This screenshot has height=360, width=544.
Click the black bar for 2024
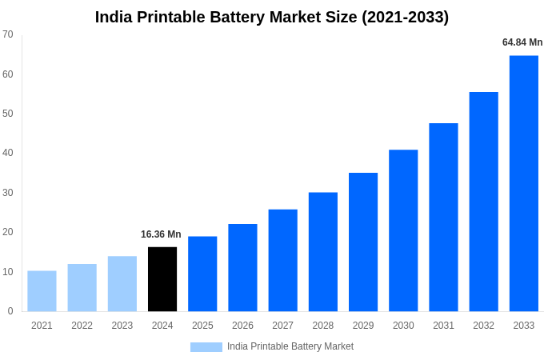(162, 279)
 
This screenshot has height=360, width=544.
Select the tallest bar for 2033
(523, 183)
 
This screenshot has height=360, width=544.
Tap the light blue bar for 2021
(42, 291)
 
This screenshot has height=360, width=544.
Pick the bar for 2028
(322, 252)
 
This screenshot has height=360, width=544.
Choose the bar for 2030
(403, 230)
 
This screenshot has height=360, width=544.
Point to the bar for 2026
(242, 267)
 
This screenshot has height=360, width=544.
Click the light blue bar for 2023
(122, 284)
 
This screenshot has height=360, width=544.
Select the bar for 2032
(483, 202)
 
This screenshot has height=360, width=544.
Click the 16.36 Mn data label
(161, 234)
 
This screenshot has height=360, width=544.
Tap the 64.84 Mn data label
(522, 42)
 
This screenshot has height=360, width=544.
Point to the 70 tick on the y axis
(8, 34)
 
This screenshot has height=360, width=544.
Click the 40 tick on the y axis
(8, 153)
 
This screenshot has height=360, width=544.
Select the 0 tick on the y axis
(10, 311)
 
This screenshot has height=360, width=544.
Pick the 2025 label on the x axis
(202, 326)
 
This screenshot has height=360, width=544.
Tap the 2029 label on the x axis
(363, 326)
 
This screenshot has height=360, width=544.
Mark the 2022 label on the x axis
(82, 326)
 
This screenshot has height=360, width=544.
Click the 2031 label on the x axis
(443, 326)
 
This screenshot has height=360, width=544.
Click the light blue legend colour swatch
(206, 346)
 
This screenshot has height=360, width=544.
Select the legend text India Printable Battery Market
(290, 346)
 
